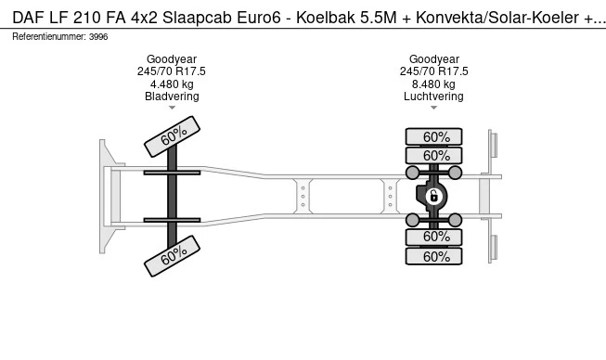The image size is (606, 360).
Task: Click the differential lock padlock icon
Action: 433,196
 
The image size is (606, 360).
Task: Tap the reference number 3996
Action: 98,37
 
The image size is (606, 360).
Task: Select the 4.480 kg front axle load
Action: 172,84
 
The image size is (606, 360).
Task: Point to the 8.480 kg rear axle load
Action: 433,84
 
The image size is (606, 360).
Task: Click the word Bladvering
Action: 172,96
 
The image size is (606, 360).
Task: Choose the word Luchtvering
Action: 433,96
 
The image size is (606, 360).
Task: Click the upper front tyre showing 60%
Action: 172,136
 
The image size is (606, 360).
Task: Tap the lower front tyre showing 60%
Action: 172,256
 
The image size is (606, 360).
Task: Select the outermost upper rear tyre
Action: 433,136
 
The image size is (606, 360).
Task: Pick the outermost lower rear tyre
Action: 433,256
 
